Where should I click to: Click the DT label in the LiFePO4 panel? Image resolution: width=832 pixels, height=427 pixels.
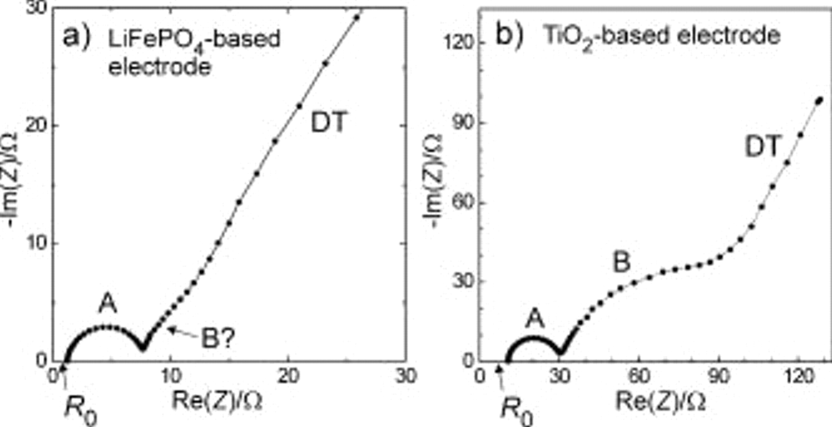coord(328,122)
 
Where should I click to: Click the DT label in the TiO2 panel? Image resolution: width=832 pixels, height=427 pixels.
coord(763,146)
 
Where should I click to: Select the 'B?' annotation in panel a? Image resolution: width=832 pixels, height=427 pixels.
coord(218,339)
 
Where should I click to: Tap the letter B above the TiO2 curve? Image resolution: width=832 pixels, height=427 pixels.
coord(621,262)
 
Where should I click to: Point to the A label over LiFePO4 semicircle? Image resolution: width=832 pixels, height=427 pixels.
coord(107,304)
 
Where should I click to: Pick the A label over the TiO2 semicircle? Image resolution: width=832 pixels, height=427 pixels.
coord(535,318)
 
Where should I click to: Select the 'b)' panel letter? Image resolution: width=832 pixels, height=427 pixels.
coord(509,35)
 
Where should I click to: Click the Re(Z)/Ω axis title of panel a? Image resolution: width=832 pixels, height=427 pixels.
coord(217,401)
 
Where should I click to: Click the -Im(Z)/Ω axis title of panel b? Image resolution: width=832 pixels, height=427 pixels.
coord(435,180)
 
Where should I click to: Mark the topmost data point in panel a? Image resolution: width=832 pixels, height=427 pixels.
coord(356,18)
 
